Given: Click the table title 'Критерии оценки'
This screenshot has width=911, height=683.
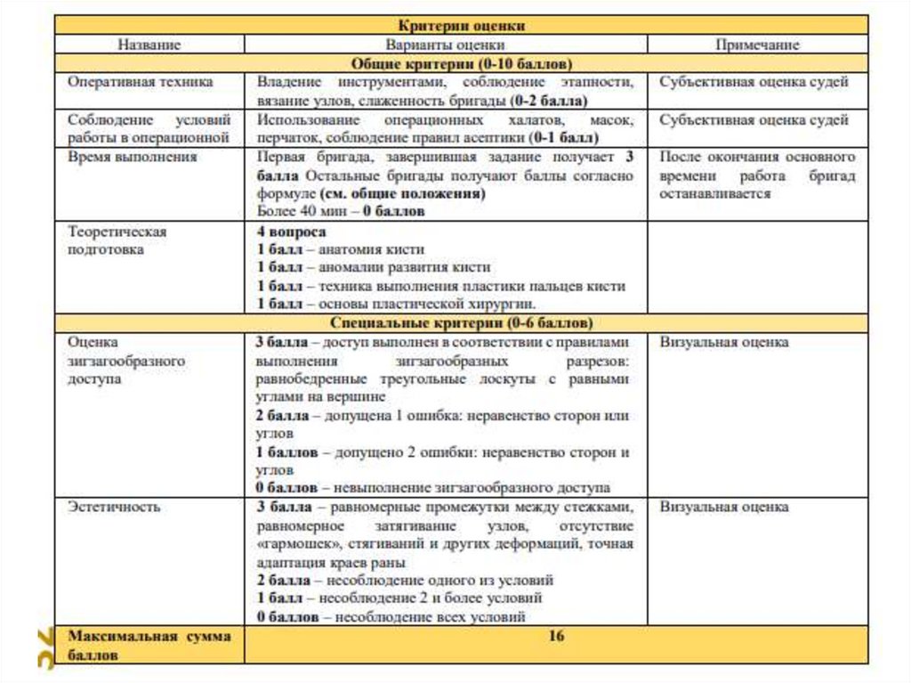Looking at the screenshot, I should (x=461, y=26).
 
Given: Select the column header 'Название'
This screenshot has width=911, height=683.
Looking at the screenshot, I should (x=149, y=45).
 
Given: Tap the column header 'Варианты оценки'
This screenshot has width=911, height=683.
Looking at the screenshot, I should (x=445, y=45).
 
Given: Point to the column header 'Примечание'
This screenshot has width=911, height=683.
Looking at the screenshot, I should (x=757, y=45).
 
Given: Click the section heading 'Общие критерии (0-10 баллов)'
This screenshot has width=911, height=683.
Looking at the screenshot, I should (x=461, y=63).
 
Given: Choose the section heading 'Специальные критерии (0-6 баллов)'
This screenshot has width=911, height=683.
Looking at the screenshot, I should (x=461, y=322).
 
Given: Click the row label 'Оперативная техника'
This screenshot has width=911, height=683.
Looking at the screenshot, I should (x=141, y=82).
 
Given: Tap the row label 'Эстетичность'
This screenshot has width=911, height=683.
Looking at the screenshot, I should (x=115, y=507).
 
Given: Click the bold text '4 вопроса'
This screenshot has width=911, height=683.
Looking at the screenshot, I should (x=289, y=231).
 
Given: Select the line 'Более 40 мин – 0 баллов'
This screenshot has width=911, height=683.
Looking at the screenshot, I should (x=341, y=212).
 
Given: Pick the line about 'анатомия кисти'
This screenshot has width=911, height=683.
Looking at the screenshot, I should (x=341, y=249).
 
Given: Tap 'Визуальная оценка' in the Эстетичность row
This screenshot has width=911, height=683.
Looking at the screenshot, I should (x=724, y=507).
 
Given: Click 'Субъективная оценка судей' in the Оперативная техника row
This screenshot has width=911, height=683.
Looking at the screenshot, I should (x=754, y=82).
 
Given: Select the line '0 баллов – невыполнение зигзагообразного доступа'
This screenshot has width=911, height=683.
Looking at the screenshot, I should (x=433, y=488).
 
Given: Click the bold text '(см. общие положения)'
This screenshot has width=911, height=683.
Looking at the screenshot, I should (x=402, y=193).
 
